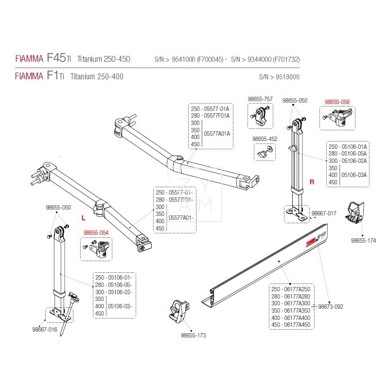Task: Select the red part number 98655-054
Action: point(96,233)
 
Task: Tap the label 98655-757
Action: point(260,99)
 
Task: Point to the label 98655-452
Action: point(265,139)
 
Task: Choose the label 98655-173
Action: point(193,335)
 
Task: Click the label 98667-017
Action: point(323,213)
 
